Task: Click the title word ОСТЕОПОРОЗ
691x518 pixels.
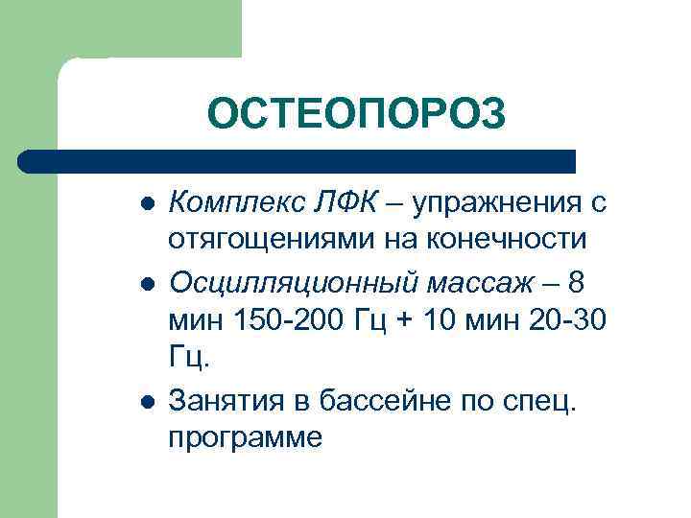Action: pos(355,115)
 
